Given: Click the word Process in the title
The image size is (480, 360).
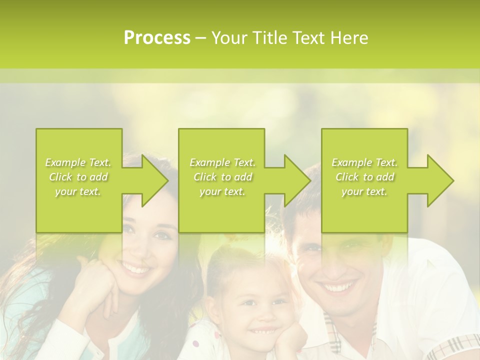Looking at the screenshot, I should click(157, 38).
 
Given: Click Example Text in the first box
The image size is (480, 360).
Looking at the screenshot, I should click(78, 162).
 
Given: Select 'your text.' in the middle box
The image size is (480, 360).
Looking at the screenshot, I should click(222, 191).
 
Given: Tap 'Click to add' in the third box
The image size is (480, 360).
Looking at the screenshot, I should click(365, 177).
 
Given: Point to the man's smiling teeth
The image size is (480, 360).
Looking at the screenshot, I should click(337, 288).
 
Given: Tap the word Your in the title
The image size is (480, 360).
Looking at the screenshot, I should click(230, 38).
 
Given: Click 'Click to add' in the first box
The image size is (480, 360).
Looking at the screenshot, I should click(78, 177).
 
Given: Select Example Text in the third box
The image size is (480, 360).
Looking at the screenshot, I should click(364, 162).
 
